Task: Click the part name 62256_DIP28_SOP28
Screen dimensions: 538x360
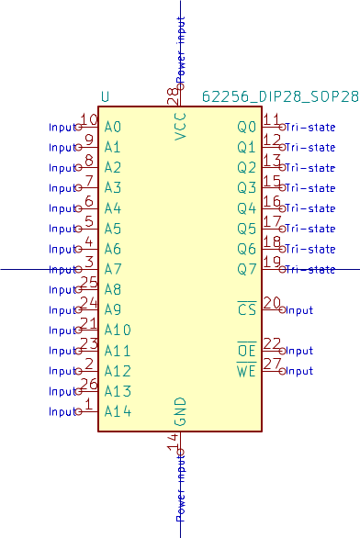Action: [x=280, y=96]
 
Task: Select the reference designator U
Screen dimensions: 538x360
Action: [x=106, y=96]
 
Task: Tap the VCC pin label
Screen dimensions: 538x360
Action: [x=180, y=126]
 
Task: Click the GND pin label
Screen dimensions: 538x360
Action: [x=180, y=412]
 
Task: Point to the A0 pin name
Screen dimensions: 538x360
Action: [x=113, y=127]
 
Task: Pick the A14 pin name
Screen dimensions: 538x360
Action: [x=118, y=411]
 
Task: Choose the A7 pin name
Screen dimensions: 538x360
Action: [x=113, y=269]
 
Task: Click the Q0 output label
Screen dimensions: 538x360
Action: [x=246, y=127]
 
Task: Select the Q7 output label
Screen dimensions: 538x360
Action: [x=246, y=269]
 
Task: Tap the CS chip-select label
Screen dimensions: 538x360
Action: [x=246, y=310]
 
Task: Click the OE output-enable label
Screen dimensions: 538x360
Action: [x=246, y=351]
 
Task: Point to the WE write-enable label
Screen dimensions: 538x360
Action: [x=246, y=371]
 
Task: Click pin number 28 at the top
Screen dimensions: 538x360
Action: [x=172, y=94]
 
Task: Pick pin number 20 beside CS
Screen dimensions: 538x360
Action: [x=272, y=303]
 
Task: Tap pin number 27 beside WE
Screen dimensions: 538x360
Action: [x=272, y=364]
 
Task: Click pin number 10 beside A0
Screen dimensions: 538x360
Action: [x=89, y=119]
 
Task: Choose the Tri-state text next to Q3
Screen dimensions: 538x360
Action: [x=309, y=188]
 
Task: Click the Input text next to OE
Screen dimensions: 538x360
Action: [x=299, y=351]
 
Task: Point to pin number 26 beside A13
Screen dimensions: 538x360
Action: [x=89, y=384]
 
